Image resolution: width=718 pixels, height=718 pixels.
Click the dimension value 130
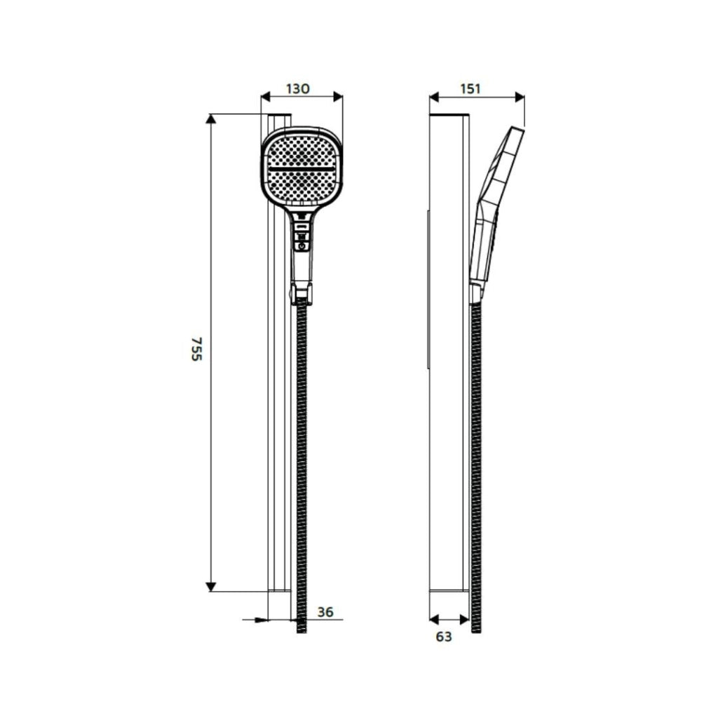(298, 88)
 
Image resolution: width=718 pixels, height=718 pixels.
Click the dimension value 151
(470, 88)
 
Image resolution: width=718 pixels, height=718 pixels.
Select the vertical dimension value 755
(196, 349)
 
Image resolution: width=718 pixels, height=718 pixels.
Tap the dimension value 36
(325, 611)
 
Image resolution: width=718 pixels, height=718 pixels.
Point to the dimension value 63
(443, 637)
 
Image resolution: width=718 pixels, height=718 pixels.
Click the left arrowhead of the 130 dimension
(266, 97)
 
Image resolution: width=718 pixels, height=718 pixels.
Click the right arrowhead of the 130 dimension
(338, 97)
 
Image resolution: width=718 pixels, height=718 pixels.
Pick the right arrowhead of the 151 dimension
(520, 97)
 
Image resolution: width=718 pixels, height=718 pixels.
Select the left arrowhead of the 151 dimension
(435, 97)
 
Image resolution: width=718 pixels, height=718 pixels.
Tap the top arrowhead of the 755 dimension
(210, 118)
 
